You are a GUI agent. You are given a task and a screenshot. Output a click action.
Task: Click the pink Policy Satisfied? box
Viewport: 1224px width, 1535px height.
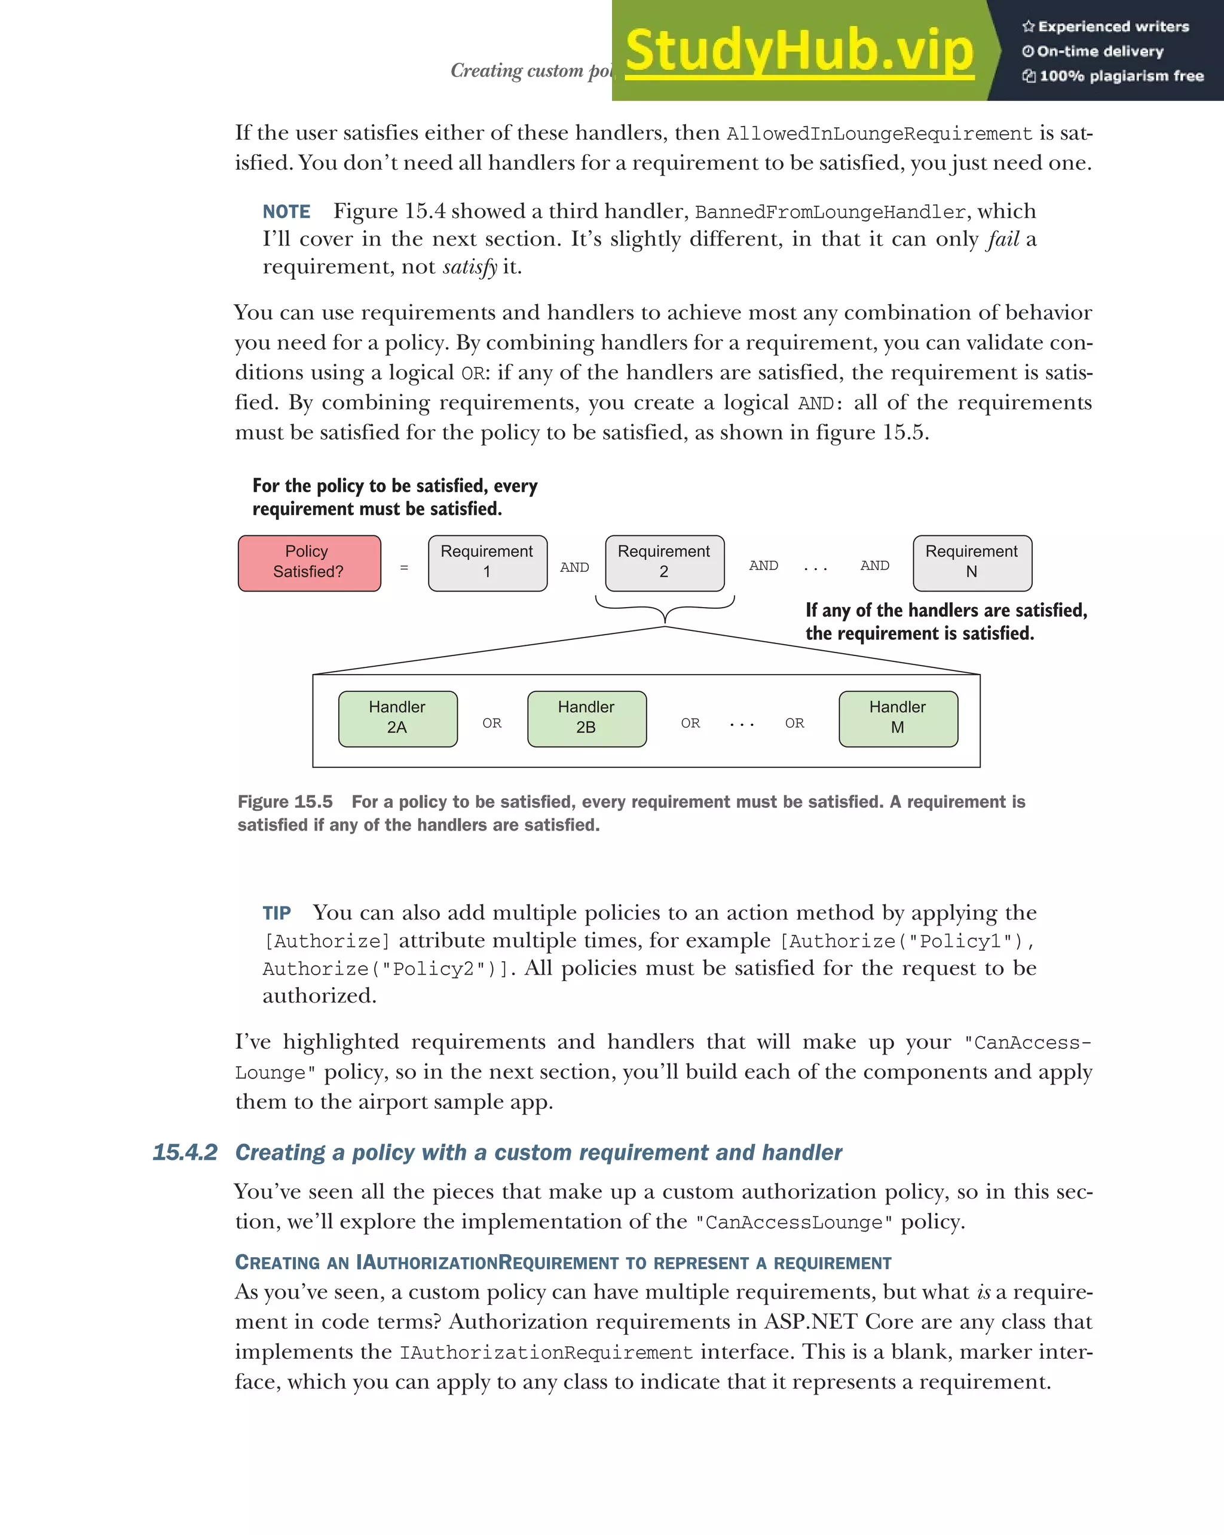(309, 562)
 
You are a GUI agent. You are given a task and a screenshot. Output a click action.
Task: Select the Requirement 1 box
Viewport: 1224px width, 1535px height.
(487, 562)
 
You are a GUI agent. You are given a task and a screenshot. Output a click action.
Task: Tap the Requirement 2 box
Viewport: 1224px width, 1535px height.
(665, 562)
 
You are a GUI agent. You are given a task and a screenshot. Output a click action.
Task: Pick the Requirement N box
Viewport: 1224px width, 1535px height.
(972, 562)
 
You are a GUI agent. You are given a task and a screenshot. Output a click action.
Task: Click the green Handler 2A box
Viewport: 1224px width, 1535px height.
(397, 718)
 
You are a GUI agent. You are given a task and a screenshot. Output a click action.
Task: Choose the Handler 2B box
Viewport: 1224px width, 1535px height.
(587, 718)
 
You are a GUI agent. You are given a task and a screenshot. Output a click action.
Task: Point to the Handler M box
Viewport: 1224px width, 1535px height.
(898, 718)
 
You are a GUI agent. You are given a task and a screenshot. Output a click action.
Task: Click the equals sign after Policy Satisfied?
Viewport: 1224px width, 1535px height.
(404, 568)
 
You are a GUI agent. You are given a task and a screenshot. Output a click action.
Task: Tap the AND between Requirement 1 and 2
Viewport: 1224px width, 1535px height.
(574, 568)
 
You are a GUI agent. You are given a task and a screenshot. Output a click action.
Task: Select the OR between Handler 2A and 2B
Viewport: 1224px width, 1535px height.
(492, 724)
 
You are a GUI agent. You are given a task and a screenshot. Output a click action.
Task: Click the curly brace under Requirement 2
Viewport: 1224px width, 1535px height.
(665, 609)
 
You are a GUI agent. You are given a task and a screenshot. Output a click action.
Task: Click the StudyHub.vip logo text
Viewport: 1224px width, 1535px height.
(799, 51)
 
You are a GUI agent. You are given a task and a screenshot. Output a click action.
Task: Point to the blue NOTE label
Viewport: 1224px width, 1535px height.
(286, 212)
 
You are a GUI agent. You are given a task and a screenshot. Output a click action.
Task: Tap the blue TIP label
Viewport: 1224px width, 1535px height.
(276, 914)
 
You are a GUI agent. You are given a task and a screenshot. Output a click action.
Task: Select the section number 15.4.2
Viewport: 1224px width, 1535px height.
(185, 1153)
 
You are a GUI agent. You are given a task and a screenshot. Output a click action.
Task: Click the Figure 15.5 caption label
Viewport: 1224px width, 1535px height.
(285, 802)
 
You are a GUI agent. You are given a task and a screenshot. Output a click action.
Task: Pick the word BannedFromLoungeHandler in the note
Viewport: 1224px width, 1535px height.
(830, 213)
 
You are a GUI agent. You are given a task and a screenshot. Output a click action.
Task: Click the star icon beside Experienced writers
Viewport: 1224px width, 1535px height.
(1028, 27)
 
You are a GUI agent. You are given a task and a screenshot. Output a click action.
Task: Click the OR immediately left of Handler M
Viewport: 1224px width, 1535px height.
(795, 724)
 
